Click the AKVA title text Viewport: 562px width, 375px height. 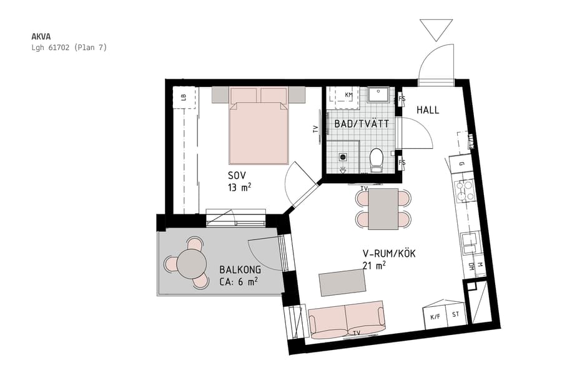pos(41,36)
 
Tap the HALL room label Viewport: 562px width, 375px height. pos(428,110)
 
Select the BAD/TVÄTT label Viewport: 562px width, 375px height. pos(362,124)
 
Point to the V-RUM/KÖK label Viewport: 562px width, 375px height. pos(389,254)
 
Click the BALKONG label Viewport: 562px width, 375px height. pos(240,270)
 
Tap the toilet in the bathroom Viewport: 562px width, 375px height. pos(377,159)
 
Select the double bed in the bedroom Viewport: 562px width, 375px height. pos(259,125)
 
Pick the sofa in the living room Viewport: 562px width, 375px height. pos(347,319)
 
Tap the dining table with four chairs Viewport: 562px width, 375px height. pos(383,209)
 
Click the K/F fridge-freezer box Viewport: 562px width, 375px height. pos(435,316)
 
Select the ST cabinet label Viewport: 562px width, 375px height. pos(455,314)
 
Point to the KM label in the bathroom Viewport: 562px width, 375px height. pos(348,95)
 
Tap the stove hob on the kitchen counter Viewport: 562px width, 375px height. pos(466,190)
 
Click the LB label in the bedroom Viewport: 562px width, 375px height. pos(183,97)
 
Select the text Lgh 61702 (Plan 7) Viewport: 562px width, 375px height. pos(69,47)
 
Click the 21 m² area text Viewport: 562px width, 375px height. pos(373,266)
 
